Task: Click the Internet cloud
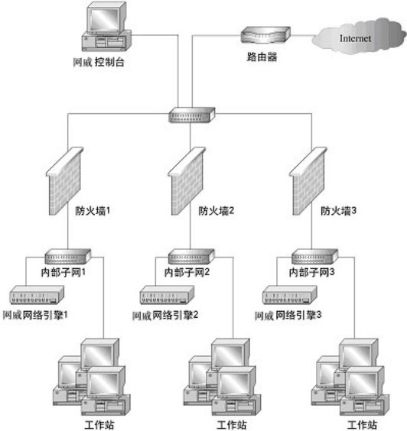tap(357, 36)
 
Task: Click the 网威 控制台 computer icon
tap(106, 27)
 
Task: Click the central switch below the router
tap(192, 116)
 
